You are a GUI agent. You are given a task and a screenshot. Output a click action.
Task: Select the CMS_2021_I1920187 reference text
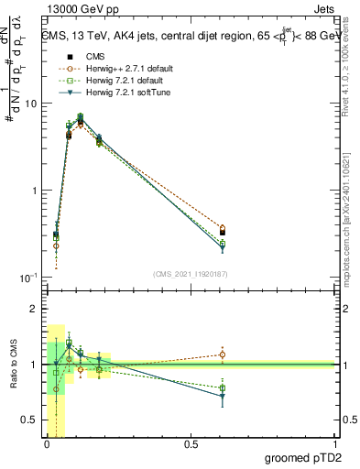click(x=191, y=274)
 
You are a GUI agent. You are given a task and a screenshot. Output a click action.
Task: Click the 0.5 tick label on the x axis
click(x=191, y=445)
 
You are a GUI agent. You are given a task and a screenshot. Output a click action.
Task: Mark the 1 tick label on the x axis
click(x=335, y=445)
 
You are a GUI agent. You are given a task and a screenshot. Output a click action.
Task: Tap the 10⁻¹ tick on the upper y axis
click(x=29, y=278)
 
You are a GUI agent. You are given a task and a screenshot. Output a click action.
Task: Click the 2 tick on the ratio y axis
click(x=35, y=310)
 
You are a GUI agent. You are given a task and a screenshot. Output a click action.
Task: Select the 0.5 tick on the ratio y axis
click(x=31, y=420)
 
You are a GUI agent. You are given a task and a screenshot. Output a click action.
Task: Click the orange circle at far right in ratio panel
click(x=222, y=354)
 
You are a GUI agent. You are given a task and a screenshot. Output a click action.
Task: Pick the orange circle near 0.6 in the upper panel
click(x=222, y=228)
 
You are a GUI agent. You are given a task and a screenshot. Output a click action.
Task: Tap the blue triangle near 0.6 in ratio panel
click(x=222, y=396)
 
